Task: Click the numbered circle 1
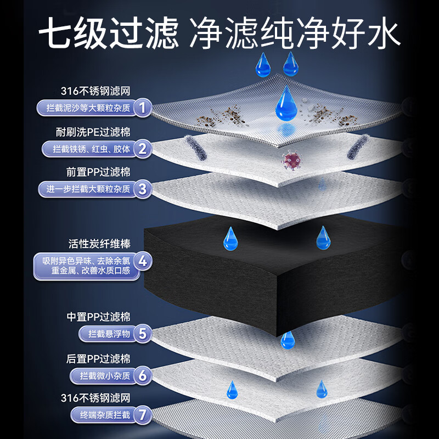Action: (x=143, y=107)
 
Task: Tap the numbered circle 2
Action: (x=143, y=148)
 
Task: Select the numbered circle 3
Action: (x=143, y=189)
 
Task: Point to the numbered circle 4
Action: (x=143, y=262)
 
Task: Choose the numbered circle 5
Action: (x=143, y=333)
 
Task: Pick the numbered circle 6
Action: (x=143, y=375)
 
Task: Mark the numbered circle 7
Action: (x=143, y=414)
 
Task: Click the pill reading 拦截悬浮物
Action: (x=106, y=333)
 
